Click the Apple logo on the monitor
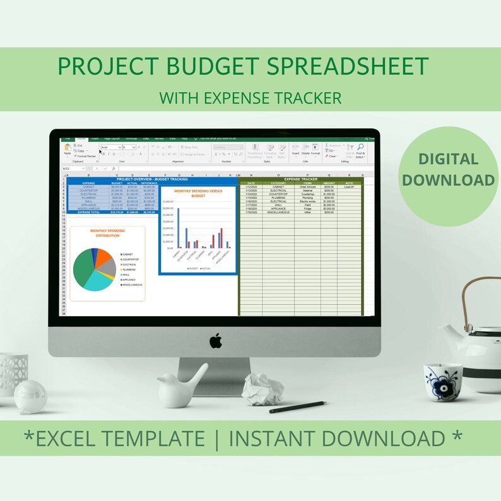point(216,341)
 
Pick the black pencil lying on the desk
point(298,407)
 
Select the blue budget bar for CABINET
point(179,228)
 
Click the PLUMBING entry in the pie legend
point(129,269)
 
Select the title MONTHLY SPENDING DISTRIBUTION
point(107,233)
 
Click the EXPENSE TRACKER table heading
point(301,179)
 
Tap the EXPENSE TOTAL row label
point(89,213)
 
